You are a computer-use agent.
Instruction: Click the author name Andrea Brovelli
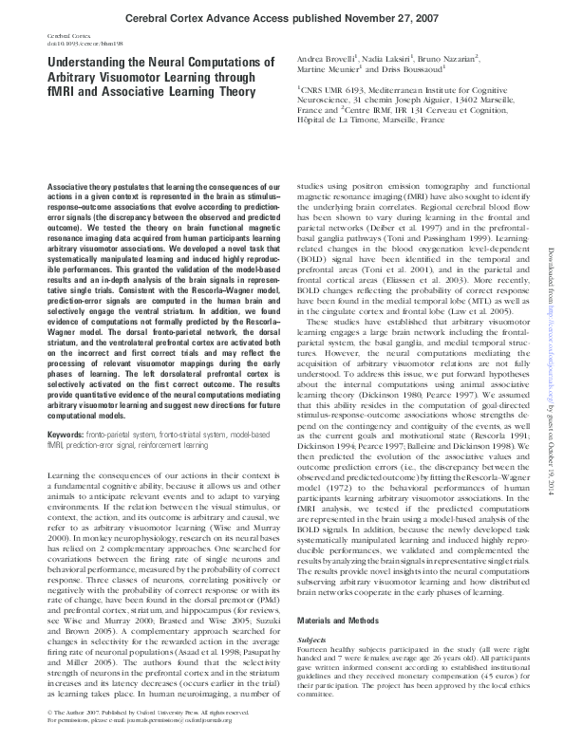[326, 60]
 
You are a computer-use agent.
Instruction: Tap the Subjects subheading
[312, 588]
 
